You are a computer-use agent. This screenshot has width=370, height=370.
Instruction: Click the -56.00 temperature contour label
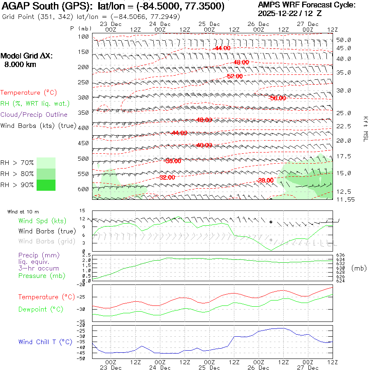[277, 98]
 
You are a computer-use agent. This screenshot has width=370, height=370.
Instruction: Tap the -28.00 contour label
[265, 180]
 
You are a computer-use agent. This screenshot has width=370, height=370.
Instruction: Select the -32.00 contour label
[166, 178]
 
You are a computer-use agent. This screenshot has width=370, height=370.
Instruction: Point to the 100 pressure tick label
[84, 37]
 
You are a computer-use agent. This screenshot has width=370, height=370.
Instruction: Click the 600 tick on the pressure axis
[84, 189]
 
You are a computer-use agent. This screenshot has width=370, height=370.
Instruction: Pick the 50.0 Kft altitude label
[344, 40]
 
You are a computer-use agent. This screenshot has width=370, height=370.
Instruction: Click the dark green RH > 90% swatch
[46, 185]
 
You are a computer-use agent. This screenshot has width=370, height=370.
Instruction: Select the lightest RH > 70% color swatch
[46, 163]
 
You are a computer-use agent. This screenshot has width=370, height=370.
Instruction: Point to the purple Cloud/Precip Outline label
[34, 115]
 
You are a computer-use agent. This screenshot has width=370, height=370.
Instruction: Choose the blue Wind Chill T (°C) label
[45, 342]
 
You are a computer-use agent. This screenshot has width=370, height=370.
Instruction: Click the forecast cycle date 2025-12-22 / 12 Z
[290, 13]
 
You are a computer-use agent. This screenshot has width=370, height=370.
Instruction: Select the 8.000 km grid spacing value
[20, 65]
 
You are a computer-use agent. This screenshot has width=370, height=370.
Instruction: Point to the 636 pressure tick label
[340, 255]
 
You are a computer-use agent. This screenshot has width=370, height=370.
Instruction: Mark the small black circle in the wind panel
[271, 222]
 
